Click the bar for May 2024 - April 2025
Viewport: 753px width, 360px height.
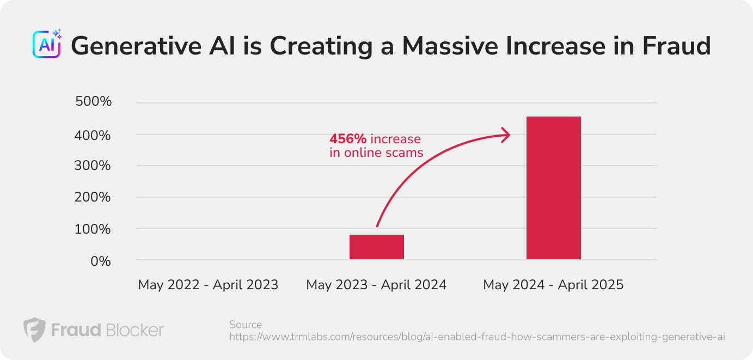pos(553,188)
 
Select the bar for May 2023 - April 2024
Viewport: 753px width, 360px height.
pos(377,247)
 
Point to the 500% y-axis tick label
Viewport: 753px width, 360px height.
pos(94,101)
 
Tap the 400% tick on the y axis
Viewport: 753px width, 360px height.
pos(93,136)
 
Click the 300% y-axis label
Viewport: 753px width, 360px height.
pos(93,166)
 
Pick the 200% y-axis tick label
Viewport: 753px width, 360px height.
pos(93,197)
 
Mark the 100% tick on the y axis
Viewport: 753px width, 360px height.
pos(93,229)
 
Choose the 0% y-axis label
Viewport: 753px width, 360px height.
pos(101,261)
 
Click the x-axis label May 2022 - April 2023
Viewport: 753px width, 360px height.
pos(208,285)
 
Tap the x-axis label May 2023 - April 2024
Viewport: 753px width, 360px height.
pos(376,285)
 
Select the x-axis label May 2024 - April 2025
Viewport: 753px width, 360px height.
pos(553,285)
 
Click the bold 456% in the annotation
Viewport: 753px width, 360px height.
pos(348,138)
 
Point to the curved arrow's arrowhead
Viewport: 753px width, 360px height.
pos(506,135)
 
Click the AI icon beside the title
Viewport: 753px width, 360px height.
pos(47,44)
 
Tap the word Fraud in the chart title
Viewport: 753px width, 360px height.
pos(676,46)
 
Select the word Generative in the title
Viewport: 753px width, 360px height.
pos(136,46)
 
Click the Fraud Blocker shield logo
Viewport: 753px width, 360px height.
pos(34,330)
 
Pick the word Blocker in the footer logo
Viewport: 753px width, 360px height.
pos(135,330)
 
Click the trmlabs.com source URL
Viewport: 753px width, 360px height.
pos(477,337)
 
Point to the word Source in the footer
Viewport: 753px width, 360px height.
pos(246,325)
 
